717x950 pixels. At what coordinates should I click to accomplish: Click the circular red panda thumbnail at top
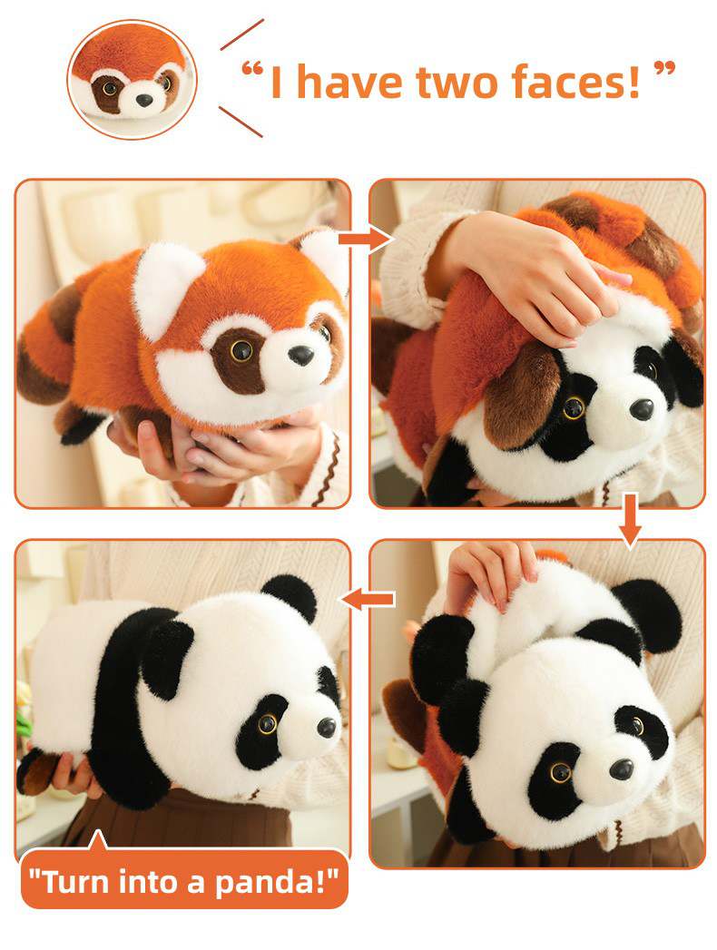(x=133, y=79)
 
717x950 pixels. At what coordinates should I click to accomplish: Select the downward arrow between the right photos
(x=631, y=520)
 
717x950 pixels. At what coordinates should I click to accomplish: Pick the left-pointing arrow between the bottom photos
(x=368, y=599)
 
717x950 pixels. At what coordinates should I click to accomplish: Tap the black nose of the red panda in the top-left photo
(x=301, y=355)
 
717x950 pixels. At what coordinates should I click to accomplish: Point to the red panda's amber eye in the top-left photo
(x=241, y=349)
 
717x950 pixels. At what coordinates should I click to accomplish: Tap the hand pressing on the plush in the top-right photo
(x=527, y=279)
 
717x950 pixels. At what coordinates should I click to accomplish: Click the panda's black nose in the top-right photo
(x=643, y=410)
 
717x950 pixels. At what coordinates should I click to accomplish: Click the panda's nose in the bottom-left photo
(x=326, y=727)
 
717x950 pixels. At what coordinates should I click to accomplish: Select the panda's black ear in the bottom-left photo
(x=290, y=597)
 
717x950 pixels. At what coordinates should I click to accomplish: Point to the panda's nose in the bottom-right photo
(x=621, y=769)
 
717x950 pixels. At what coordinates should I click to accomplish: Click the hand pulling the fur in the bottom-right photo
(x=491, y=573)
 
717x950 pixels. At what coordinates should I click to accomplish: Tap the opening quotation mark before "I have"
(x=252, y=69)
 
